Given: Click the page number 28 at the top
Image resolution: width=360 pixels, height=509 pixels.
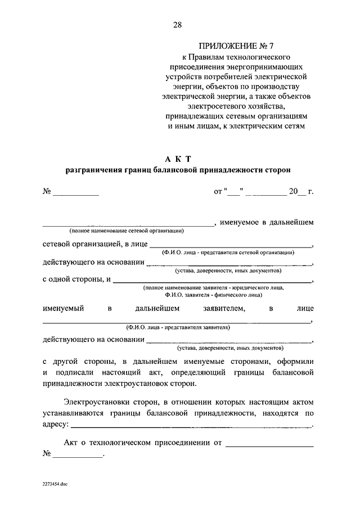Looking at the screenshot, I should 178,24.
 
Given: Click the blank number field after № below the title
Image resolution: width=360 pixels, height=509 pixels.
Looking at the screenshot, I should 75,192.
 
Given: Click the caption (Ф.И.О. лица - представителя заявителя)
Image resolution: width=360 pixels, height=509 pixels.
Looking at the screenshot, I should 178,327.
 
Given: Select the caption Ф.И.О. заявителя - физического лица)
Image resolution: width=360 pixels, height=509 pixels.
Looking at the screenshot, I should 213,294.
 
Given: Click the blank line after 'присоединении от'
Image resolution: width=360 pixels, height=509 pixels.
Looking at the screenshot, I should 269,444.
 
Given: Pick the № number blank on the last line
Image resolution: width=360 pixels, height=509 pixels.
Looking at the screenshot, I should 78,455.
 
